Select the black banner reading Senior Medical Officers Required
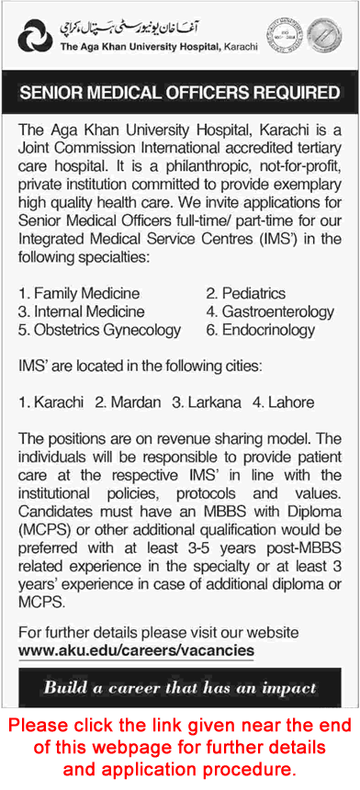point(180,93)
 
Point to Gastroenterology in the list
point(276,312)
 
